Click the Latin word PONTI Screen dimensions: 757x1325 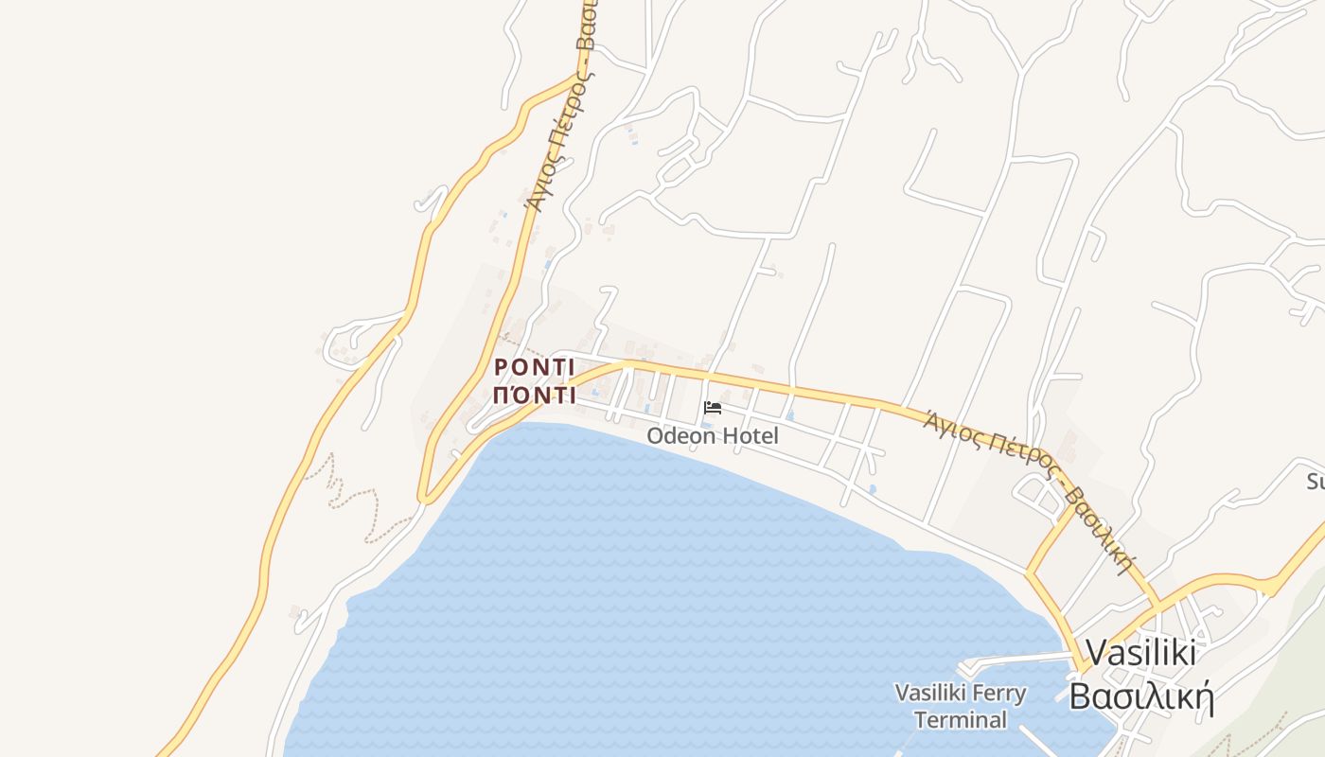pos(535,367)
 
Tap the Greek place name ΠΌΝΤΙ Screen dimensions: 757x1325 pos(535,396)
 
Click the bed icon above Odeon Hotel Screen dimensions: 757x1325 pos(713,408)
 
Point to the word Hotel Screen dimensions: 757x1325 pos(750,436)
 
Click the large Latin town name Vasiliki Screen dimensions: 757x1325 pos(1140,653)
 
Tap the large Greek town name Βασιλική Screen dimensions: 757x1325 pos(1141,697)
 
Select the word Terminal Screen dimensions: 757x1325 pos(961,720)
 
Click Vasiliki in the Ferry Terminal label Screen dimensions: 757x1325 pos(930,694)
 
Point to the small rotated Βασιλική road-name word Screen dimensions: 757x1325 pos(1098,531)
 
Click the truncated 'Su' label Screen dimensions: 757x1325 pos(1316,482)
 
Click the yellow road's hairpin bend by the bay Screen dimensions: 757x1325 pos(425,496)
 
